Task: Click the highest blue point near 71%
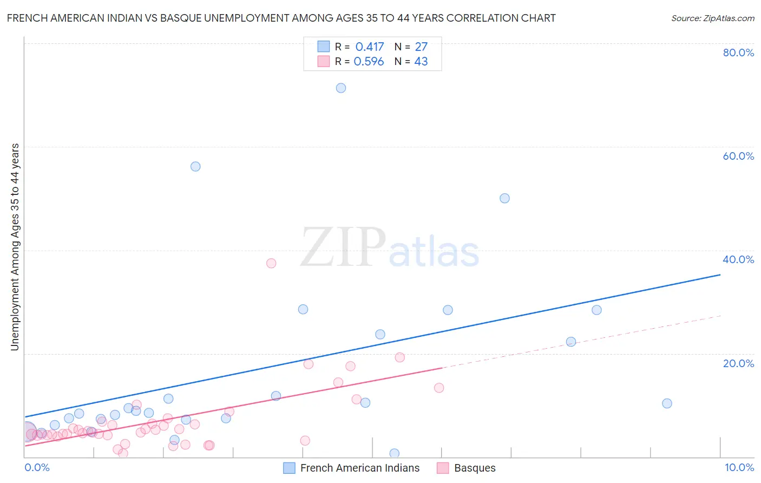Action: tap(341, 88)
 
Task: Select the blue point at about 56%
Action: tap(195, 166)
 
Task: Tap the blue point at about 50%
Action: tap(504, 198)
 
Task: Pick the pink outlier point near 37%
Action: tap(271, 263)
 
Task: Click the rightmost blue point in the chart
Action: tap(667, 403)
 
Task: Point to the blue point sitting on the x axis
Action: tap(394, 454)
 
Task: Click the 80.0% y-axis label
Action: tap(738, 53)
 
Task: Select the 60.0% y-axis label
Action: tap(738, 156)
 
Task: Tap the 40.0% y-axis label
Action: tap(738, 259)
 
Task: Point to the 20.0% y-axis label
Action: tap(738, 363)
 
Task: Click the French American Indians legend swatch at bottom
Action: tap(290, 468)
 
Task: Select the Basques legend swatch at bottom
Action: tap(443, 468)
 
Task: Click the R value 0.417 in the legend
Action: tap(370, 47)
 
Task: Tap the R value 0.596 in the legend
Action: tap(369, 62)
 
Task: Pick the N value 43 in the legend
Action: tap(421, 62)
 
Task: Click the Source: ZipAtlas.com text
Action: tap(712, 18)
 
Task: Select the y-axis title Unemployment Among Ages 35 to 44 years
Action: tap(15, 247)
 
